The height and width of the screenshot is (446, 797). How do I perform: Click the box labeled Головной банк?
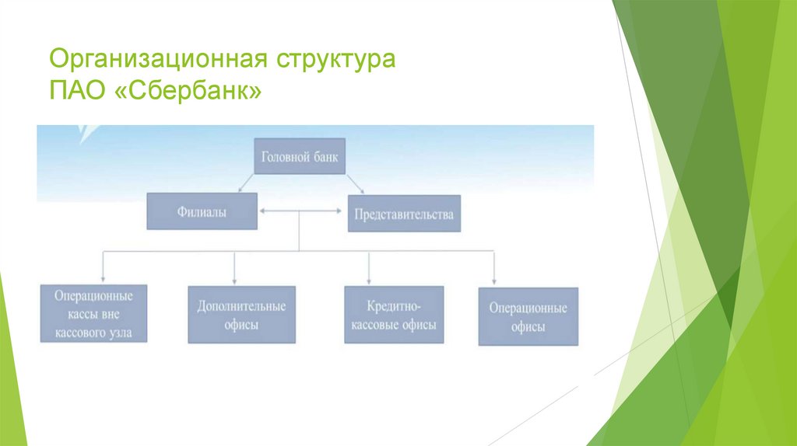pos(300,156)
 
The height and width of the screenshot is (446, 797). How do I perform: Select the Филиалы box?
pos(202,212)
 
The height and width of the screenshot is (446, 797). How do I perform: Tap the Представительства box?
pos(403,214)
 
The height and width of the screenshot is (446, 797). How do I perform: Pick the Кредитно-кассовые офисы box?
pos(394,314)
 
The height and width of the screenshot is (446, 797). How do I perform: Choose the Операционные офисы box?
pos(528,317)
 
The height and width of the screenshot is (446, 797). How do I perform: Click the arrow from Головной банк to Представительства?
pos(354,183)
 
